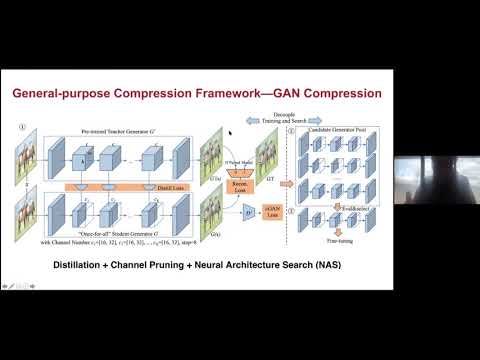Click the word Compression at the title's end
[331, 96]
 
